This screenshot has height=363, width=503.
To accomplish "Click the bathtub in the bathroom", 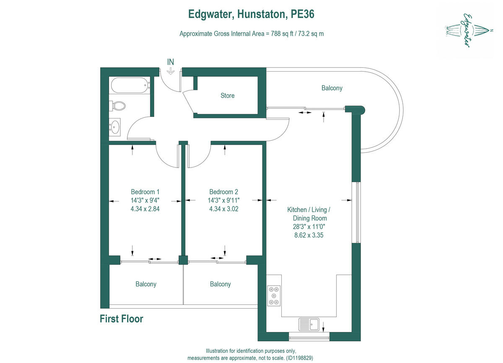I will tap(130, 85).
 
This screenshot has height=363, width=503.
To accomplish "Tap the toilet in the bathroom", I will tap(118, 105).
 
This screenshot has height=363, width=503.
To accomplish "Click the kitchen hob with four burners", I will tap(274, 296).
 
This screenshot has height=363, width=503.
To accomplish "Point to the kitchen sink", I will tap(309, 324).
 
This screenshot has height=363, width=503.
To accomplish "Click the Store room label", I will tap(228, 95).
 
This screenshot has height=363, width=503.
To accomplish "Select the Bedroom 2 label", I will tap(223, 192).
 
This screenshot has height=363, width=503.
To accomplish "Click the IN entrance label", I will tap(171, 62).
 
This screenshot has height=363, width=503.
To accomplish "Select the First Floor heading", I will tap(121, 319).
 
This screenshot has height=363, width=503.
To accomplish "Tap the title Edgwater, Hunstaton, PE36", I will tap(251, 14).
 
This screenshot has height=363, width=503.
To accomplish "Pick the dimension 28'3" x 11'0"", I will tap(309, 227).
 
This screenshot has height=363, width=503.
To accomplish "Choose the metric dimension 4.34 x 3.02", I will tap(223, 209).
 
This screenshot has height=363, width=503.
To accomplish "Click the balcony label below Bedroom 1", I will tap(146, 284).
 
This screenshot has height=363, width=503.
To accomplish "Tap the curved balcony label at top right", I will tap(332, 88).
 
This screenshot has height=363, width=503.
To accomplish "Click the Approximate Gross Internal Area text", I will tap(251, 33).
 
